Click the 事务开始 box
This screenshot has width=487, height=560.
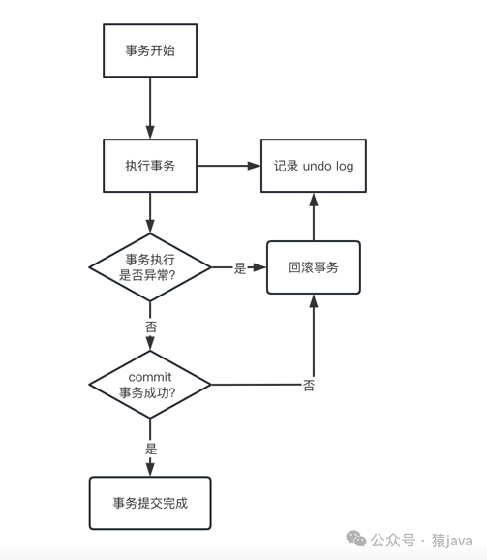pos(150,50)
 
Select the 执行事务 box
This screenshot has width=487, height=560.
pos(150,166)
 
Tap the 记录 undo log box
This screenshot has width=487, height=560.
pos(313,166)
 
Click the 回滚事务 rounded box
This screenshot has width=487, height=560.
pos(313,267)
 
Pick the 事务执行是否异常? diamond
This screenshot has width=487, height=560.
pos(150,267)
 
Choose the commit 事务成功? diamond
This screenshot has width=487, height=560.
pos(150,384)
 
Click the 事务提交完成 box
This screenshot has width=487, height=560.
pos(150,503)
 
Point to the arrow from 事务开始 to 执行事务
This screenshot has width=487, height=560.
pos(150,108)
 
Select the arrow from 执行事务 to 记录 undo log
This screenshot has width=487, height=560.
pos(228,166)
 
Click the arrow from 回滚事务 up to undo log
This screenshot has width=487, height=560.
pos(313,215)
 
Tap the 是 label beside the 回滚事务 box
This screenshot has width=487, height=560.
pos(240,268)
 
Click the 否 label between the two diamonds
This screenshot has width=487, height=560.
pos(150,327)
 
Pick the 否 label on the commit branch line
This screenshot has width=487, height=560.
pos(309,386)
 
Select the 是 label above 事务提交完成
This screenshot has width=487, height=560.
pos(150,449)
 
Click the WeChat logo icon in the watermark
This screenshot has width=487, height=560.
pos(357,539)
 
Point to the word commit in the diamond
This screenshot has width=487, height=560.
pos(150,376)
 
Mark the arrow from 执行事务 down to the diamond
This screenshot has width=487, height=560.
pos(150,211)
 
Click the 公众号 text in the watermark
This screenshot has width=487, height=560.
pos(394,540)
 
